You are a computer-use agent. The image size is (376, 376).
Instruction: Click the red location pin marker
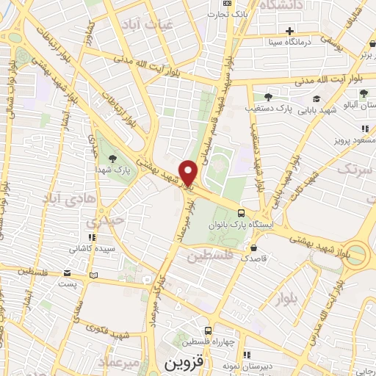pos(189,173)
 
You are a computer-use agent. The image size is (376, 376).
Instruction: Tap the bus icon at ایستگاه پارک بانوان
pos(241,214)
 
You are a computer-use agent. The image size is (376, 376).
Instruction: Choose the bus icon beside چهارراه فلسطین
pos(209,331)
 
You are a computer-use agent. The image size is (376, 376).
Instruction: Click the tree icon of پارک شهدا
pos(112,159)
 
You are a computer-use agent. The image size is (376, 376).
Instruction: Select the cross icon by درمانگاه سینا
pos(290,31)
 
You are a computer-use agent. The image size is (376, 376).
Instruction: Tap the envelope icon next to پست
pos(93,275)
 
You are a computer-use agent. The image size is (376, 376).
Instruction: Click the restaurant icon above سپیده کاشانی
pos(93,237)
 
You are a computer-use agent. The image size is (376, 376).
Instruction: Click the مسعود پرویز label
pos(345,139)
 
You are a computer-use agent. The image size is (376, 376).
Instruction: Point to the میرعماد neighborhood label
pos(122,362)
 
